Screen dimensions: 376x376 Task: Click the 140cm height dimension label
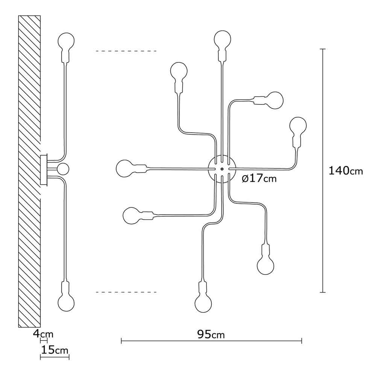(345, 171)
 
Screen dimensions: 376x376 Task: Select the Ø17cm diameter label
(259, 179)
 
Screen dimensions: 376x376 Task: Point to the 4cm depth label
(43, 334)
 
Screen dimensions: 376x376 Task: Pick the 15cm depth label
(55, 350)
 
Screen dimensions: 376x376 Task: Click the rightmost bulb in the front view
(298, 125)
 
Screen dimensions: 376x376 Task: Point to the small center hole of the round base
(222, 169)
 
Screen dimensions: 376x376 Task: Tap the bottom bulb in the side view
(66, 303)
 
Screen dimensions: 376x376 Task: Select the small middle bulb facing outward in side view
(63, 169)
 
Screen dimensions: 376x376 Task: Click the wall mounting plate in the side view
(44, 170)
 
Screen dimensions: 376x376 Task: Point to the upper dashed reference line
(126, 51)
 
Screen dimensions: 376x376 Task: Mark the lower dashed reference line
(126, 292)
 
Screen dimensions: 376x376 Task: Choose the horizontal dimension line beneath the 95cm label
(211, 341)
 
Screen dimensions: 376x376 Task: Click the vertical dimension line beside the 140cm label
(323, 170)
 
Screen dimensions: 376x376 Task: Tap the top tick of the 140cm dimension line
(323, 49)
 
